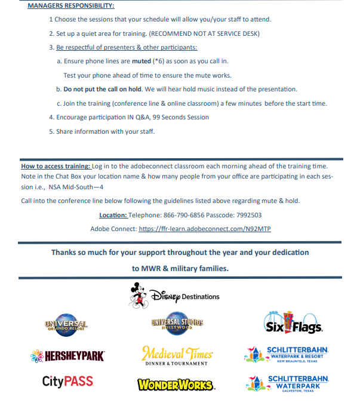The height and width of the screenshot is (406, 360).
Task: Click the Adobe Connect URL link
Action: (205, 229)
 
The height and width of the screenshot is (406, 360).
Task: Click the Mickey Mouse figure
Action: (138, 296)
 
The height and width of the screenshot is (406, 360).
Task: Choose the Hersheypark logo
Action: (67, 356)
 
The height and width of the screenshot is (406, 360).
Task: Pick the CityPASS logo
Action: (67, 381)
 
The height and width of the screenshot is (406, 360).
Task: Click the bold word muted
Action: (142, 61)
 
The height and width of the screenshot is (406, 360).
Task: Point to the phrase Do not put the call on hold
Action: (103, 89)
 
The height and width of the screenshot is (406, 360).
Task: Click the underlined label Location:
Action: (113, 215)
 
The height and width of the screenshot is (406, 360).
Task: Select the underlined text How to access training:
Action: (56, 166)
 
